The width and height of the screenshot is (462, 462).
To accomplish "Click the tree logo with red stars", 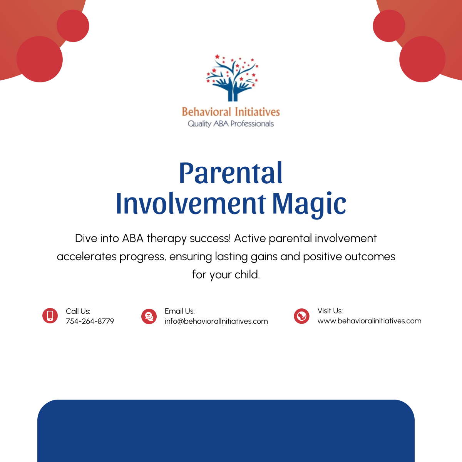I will [x=231, y=78].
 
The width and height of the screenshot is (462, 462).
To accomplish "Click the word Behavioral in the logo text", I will [x=206, y=112].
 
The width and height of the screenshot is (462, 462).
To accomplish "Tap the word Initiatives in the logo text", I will [x=257, y=112].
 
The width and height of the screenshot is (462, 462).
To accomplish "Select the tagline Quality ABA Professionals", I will [x=231, y=124].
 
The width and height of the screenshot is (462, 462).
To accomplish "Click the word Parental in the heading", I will [x=231, y=173].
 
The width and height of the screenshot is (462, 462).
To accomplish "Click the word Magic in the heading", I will [x=309, y=204].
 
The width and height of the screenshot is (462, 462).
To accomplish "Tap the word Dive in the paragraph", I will [x=86, y=238].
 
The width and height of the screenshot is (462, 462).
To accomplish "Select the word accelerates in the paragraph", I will [x=87, y=256].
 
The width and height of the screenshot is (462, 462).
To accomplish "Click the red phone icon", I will [x=50, y=316].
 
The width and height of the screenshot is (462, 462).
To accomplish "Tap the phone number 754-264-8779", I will [x=90, y=321].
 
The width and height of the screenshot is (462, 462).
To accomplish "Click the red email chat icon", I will [x=149, y=316].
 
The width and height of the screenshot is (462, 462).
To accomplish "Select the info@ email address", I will [x=216, y=321].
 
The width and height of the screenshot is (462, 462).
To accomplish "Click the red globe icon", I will [x=301, y=316].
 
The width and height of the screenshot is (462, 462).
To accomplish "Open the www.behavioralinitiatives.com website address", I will [x=369, y=321].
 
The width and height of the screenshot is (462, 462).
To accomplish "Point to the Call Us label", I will [x=78, y=311].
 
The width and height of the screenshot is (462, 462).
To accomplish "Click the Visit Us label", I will [x=330, y=311].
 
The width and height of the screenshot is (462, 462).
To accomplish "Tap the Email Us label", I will [x=179, y=311].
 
